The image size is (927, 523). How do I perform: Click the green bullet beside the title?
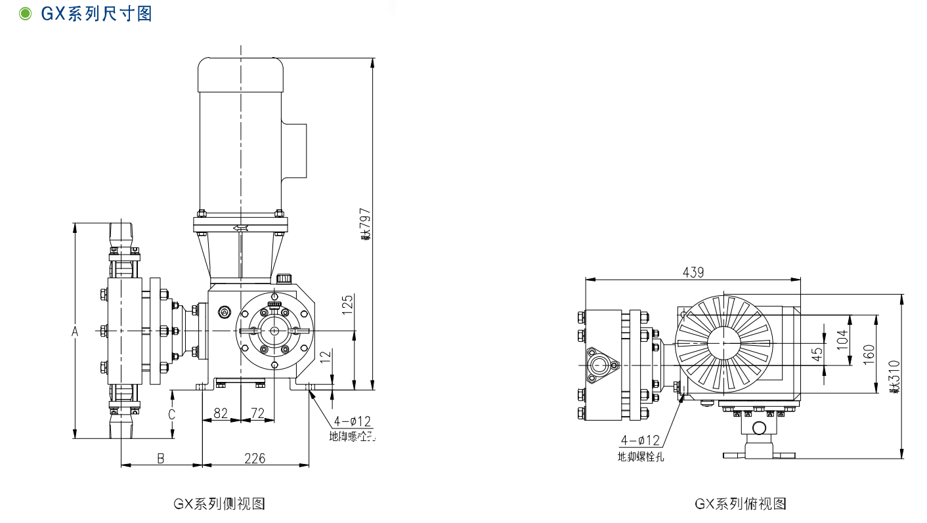point(26,14)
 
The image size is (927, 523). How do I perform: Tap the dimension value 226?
point(255,458)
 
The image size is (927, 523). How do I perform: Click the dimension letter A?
point(75,332)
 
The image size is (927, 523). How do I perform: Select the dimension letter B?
point(160,458)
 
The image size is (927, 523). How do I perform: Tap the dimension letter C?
point(171,414)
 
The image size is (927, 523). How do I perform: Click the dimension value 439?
point(693,272)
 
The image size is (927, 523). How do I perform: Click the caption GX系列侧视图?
point(219,504)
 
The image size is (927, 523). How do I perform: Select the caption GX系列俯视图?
point(741,504)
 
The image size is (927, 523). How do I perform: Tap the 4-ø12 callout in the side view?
point(353,421)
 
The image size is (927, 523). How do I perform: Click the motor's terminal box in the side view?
point(295,150)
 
